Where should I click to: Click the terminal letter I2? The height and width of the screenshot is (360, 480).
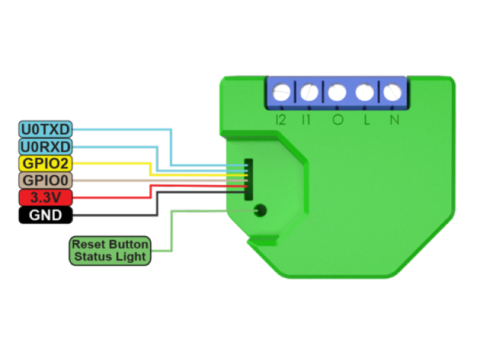coord(280,120)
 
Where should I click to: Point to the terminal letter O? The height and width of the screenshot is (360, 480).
coord(338,120)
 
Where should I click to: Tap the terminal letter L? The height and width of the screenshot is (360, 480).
coord(366,120)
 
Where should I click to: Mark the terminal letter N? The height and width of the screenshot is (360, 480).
coord(394,120)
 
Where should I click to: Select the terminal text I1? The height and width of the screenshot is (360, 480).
coord(307,120)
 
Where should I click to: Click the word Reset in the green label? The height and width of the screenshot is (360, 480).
coord(86,245)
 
